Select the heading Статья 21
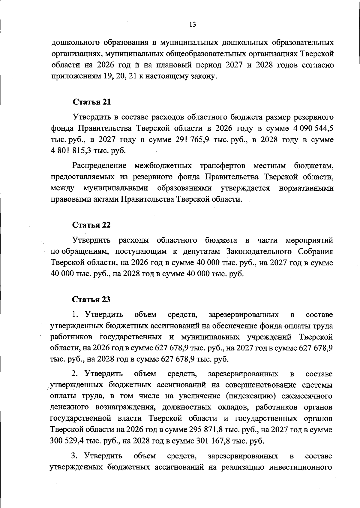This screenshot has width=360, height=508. pos(92,102)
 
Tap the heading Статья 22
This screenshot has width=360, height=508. pos(91,225)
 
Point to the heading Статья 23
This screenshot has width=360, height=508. pos(91,300)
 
